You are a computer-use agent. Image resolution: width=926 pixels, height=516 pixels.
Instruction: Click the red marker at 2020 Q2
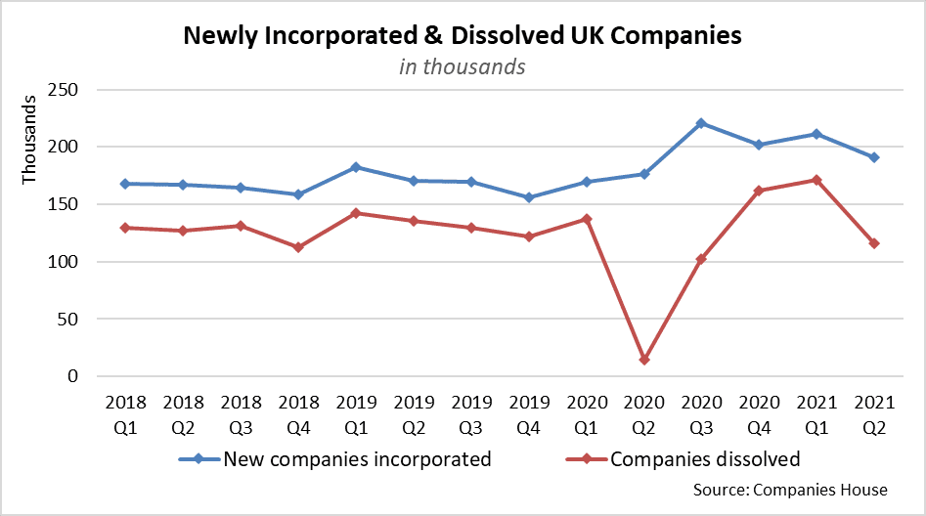point(643,360)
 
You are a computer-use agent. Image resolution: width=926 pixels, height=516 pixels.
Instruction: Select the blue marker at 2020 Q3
point(701,123)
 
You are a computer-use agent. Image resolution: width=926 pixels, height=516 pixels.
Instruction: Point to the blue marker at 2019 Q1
point(356,167)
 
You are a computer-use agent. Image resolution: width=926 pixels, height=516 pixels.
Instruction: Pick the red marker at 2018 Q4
point(298,247)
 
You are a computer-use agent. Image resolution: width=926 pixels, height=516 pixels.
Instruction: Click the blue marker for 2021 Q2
point(874,157)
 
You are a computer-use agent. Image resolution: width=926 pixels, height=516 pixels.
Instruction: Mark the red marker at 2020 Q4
point(759,191)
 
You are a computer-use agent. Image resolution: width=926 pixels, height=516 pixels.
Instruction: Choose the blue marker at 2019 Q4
point(528,197)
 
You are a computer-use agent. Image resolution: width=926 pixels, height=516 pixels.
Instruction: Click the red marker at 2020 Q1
point(586,219)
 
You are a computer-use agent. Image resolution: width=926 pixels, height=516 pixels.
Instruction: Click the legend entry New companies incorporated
point(356,459)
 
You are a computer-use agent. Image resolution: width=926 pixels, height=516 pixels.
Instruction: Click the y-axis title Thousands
point(29,140)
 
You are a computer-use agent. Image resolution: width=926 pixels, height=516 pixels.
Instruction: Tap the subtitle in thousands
point(463,66)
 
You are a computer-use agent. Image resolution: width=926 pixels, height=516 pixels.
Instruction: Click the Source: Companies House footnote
point(789,490)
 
